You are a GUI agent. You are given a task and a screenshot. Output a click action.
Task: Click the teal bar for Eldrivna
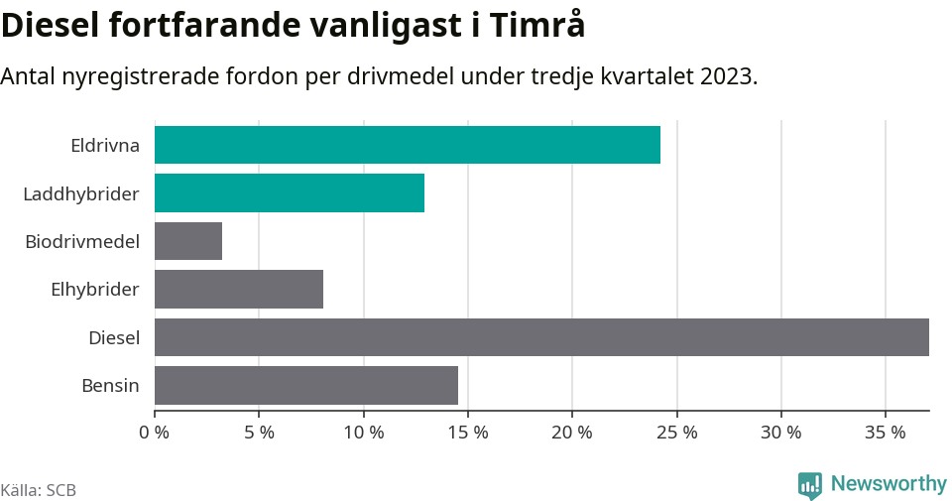pyautogui.click(x=407, y=145)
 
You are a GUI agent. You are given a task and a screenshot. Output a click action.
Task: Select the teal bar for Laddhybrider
pyautogui.click(x=290, y=192)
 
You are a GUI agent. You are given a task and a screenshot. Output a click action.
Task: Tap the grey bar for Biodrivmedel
pyautogui.click(x=188, y=241)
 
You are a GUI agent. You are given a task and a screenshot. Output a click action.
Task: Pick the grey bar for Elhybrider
pyautogui.click(x=239, y=289)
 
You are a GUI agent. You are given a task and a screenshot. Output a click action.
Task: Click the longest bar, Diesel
pyautogui.click(x=541, y=337)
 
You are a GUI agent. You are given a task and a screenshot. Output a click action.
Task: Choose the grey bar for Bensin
pyautogui.click(x=306, y=385)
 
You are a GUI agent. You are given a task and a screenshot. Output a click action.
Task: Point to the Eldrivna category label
pyautogui.click(x=105, y=146)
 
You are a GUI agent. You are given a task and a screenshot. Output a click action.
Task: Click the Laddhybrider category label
pyautogui.click(x=81, y=193)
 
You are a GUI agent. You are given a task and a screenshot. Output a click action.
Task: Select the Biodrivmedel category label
pyautogui.click(x=82, y=241)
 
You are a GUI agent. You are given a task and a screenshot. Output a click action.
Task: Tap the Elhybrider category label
pyautogui.click(x=95, y=290)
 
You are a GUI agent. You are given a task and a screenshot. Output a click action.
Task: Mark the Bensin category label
pyautogui.click(x=110, y=386)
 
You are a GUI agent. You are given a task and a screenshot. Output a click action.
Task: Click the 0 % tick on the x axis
pyautogui.click(x=155, y=433)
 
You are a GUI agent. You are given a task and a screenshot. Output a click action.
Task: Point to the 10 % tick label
pyautogui.click(x=364, y=433)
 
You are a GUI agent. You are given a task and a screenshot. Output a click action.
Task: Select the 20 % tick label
pyautogui.click(x=572, y=433)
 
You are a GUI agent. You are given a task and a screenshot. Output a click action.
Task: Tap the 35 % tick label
pyautogui.click(x=886, y=433)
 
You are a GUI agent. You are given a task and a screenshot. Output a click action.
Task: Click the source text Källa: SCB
pyautogui.click(x=39, y=490)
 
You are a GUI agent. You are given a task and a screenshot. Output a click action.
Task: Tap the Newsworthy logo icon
pyautogui.click(x=810, y=484)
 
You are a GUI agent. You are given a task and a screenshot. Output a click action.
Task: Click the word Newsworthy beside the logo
pyautogui.click(x=889, y=483)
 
